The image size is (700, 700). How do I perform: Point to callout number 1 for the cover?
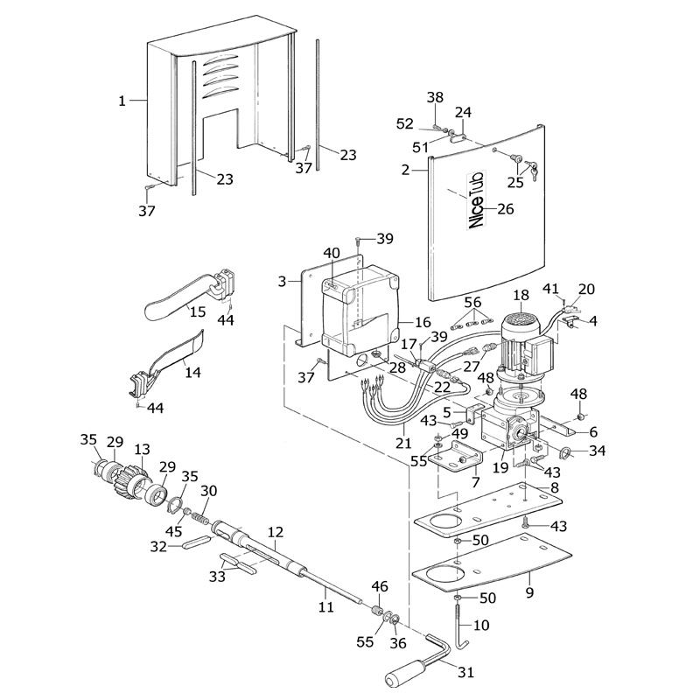122,101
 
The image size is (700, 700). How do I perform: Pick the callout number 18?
521,296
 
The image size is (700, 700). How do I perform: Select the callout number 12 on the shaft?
276,531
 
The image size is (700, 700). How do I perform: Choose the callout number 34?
597,451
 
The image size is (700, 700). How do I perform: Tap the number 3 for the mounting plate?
281,281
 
